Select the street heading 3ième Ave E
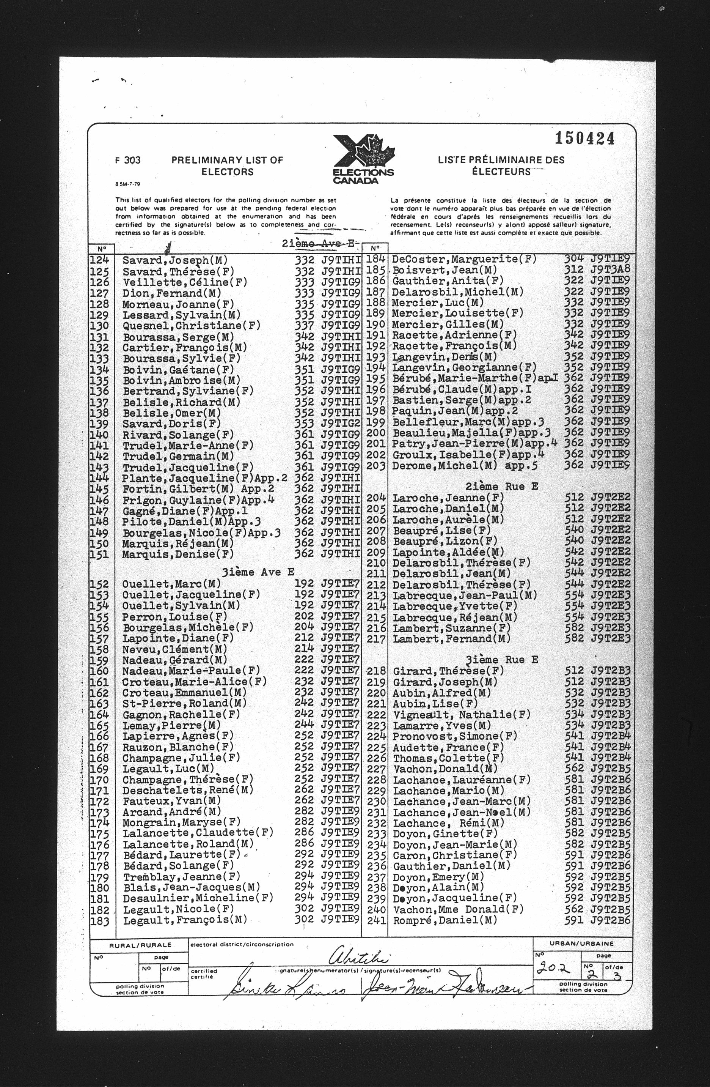[x=258, y=572]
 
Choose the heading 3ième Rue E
[x=501, y=660]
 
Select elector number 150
[x=99, y=543]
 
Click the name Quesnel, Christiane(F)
[x=192, y=326]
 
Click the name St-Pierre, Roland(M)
[x=185, y=703]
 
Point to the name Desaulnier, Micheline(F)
[x=198, y=898]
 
